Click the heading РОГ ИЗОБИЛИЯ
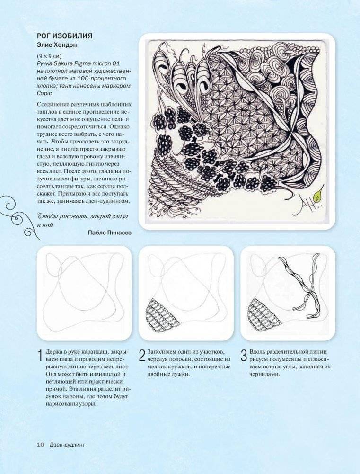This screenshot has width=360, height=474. tap(65, 36)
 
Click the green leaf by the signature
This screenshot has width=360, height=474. tap(318, 196)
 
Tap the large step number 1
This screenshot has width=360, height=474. tap(40, 356)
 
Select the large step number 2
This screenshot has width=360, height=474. tap(142, 356)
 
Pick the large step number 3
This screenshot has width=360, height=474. tap(244, 356)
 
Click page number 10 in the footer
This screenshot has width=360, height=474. tap(41, 445)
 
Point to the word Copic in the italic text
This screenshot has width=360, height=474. tap(44, 93)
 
